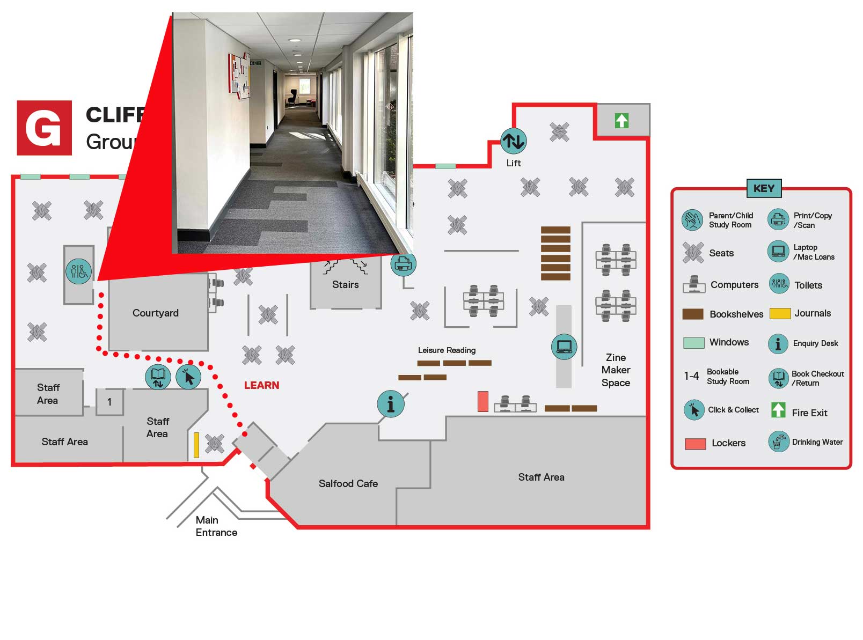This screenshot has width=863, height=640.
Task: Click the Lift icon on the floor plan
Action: [x=513, y=141]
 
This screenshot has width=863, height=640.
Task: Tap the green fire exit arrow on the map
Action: [x=621, y=121]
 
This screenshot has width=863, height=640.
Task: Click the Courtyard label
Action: [x=156, y=313]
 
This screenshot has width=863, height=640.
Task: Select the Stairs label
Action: [x=345, y=284]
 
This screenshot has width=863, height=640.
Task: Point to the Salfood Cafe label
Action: [x=348, y=483]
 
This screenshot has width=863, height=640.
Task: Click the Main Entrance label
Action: [x=216, y=526]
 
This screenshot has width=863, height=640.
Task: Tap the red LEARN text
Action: [x=261, y=385]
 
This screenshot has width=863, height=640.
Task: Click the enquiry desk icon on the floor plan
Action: [x=391, y=404]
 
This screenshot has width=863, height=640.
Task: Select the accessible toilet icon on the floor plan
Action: [x=78, y=271]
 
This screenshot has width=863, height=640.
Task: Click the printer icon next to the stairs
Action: [x=403, y=264]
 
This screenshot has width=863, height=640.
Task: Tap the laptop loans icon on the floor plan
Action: [x=564, y=347]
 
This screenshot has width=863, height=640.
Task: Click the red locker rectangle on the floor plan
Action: [x=483, y=401]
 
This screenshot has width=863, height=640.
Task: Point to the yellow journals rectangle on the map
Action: [x=196, y=445]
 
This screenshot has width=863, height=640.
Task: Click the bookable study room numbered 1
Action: [x=109, y=402]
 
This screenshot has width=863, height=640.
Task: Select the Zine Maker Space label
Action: [x=616, y=370]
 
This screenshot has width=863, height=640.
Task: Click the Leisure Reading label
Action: [x=447, y=350]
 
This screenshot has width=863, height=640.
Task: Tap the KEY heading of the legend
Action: [x=764, y=188]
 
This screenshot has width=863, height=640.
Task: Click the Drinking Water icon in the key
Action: [x=778, y=442]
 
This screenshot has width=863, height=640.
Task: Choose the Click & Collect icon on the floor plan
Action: [x=188, y=377]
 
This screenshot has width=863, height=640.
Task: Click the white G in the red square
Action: [x=44, y=128]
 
